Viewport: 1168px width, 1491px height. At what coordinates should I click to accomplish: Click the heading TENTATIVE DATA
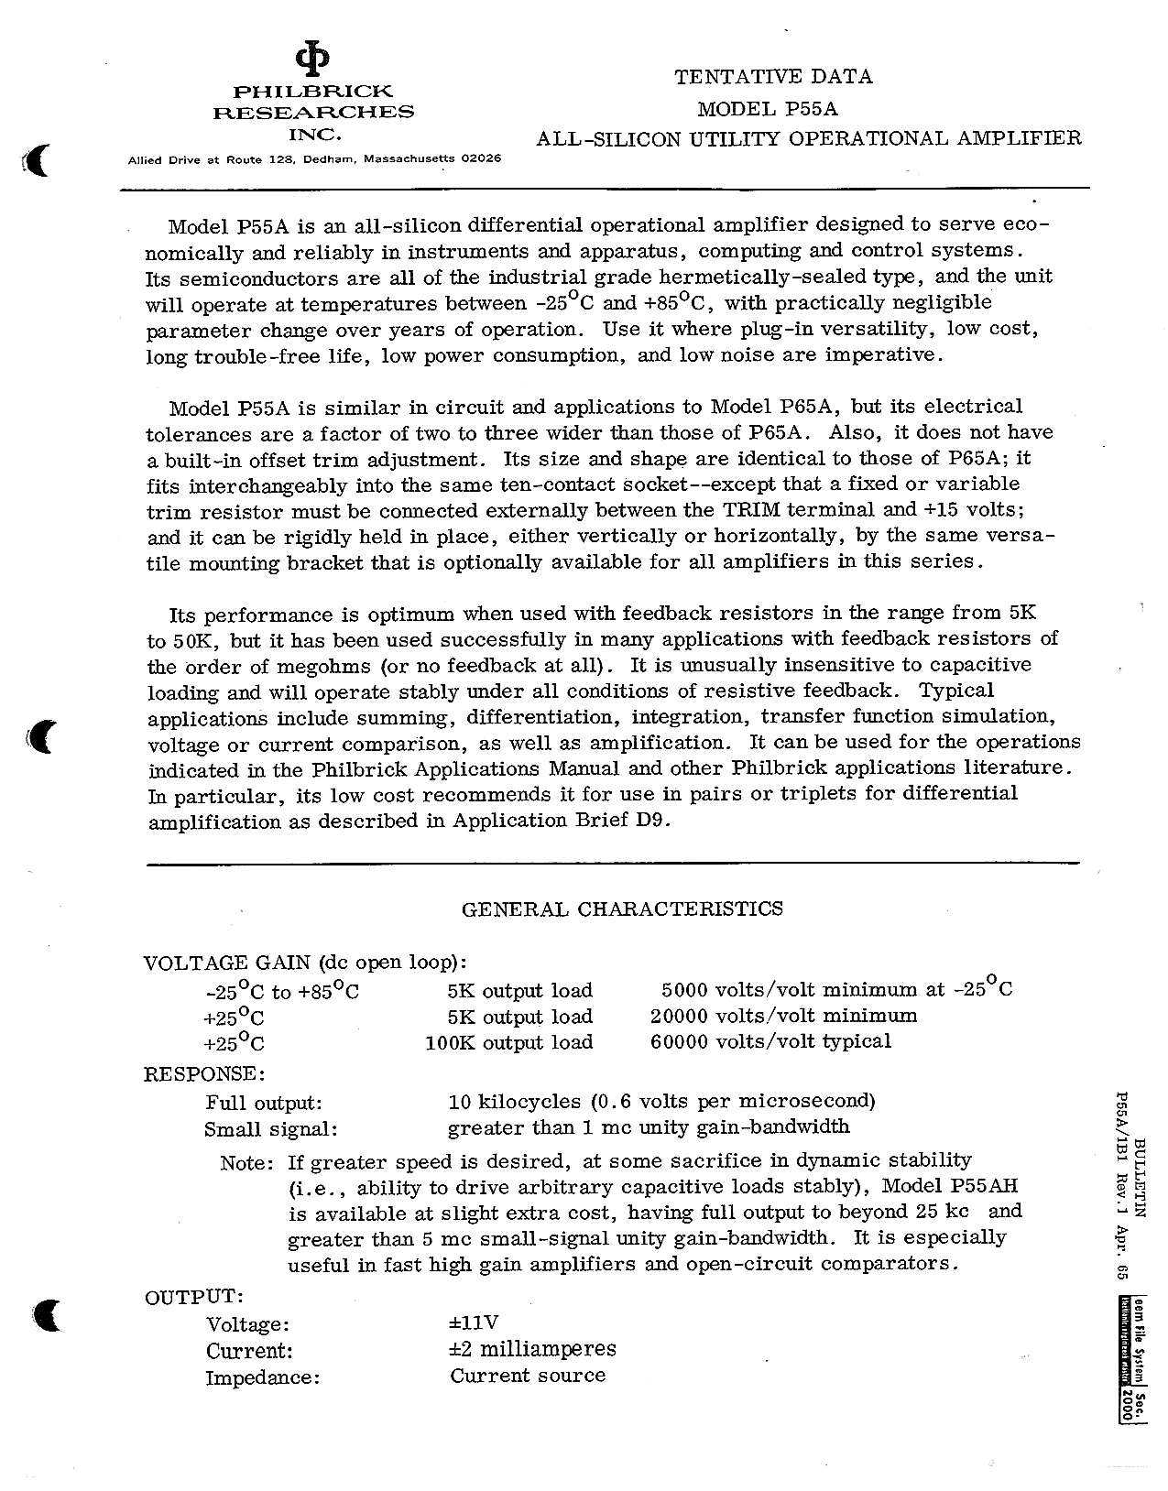(773, 77)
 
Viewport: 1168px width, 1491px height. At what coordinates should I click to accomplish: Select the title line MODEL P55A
(768, 109)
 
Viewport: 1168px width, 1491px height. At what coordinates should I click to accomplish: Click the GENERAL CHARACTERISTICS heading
(622, 909)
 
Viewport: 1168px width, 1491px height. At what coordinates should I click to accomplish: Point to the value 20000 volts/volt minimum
(782, 1015)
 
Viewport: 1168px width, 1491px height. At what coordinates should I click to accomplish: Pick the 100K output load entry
(508, 1041)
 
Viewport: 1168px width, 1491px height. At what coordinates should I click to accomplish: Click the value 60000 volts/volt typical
(770, 1040)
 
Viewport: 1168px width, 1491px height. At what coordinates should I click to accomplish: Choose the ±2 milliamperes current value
(532, 1349)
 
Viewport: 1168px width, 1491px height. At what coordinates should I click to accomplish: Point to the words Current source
(528, 1376)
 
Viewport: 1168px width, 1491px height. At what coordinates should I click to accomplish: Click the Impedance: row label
(262, 1377)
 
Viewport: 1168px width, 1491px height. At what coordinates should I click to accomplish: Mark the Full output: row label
(263, 1103)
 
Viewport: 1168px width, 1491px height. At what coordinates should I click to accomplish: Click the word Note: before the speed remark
(247, 1162)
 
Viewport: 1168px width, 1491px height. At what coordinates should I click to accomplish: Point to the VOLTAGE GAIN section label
(228, 963)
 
